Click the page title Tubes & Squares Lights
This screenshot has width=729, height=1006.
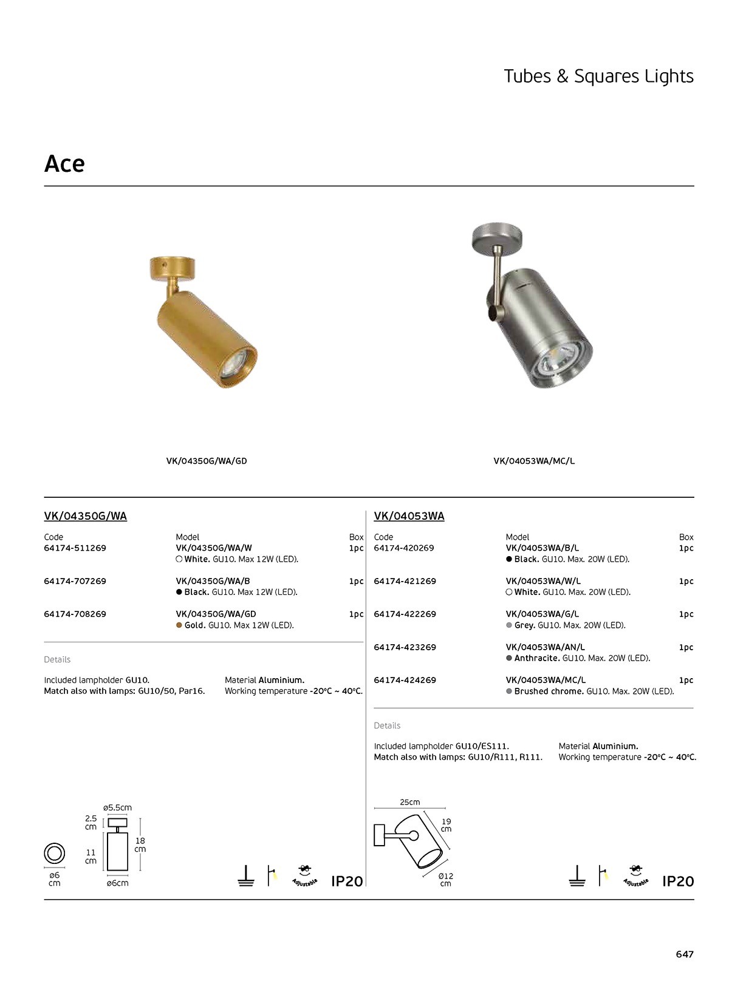pos(598,76)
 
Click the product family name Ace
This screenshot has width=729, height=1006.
pos(64,163)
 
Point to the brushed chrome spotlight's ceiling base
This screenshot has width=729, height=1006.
pos(498,237)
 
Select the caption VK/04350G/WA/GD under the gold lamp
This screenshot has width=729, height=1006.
pos(207,461)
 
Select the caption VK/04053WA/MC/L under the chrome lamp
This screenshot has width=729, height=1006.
pos(534,461)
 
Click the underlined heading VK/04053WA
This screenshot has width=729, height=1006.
pos(409,516)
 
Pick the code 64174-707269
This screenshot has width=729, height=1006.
pos(75,581)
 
